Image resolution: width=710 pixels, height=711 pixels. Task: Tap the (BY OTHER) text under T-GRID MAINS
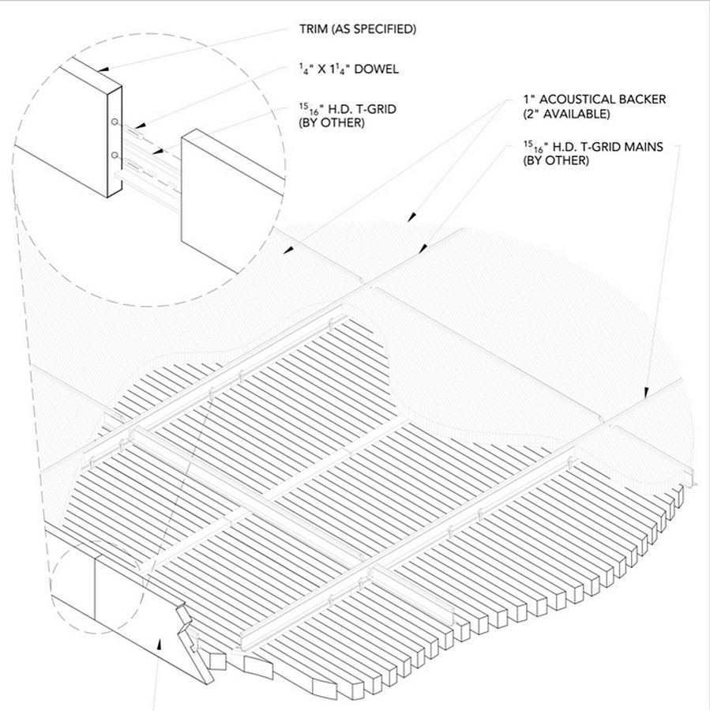point(556,161)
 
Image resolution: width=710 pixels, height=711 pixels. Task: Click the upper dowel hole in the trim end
point(115,122)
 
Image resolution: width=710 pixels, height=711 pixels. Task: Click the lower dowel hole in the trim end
point(115,153)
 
